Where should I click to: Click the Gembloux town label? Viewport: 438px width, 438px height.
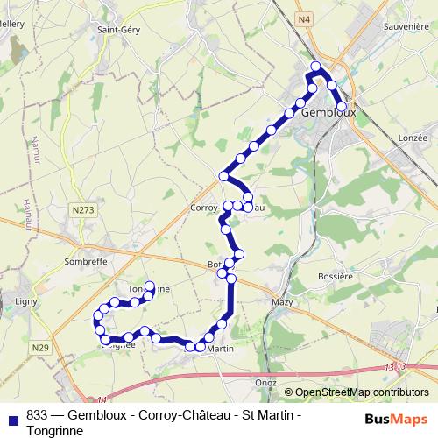pyautogui.click(x=326, y=114)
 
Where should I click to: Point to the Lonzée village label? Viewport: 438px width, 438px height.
pyautogui.click(x=412, y=138)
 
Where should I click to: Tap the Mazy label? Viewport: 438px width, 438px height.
pyautogui.click(x=282, y=301)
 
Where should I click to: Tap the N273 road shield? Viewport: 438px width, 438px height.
pyautogui.click(x=84, y=209)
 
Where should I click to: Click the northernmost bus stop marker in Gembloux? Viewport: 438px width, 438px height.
pyautogui.click(x=317, y=67)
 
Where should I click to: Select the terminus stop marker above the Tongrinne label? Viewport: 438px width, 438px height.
pyautogui.click(x=150, y=286)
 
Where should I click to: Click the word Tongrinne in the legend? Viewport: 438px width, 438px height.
pyautogui.click(x=55, y=430)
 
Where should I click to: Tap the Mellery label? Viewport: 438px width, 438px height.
pyautogui.click(x=12, y=26)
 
